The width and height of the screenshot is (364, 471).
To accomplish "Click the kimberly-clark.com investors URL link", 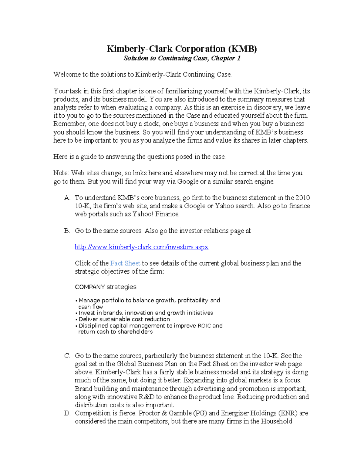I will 141,247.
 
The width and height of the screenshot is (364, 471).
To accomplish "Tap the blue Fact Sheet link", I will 125,263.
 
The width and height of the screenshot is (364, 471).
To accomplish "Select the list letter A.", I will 67,198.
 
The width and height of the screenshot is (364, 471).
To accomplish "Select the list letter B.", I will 67,231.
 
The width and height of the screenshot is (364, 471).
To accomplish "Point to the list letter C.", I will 67,356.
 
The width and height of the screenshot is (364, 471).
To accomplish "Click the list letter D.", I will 67,413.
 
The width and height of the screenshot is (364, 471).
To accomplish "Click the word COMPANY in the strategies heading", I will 90,287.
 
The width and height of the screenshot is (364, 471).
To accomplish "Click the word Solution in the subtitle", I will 136,58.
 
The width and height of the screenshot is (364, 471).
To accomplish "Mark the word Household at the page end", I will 276,421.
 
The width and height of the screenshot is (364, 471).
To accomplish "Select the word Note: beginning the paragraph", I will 61,173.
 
